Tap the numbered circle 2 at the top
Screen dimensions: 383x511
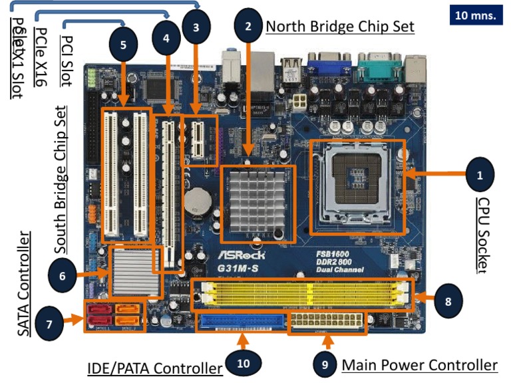click(248, 26)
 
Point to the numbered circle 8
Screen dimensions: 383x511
click(448, 301)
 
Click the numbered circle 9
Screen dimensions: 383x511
click(325, 364)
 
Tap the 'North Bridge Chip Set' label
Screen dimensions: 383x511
click(340, 27)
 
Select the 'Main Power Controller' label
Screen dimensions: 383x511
click(419, 365)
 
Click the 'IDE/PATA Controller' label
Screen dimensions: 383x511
click(154, 368)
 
